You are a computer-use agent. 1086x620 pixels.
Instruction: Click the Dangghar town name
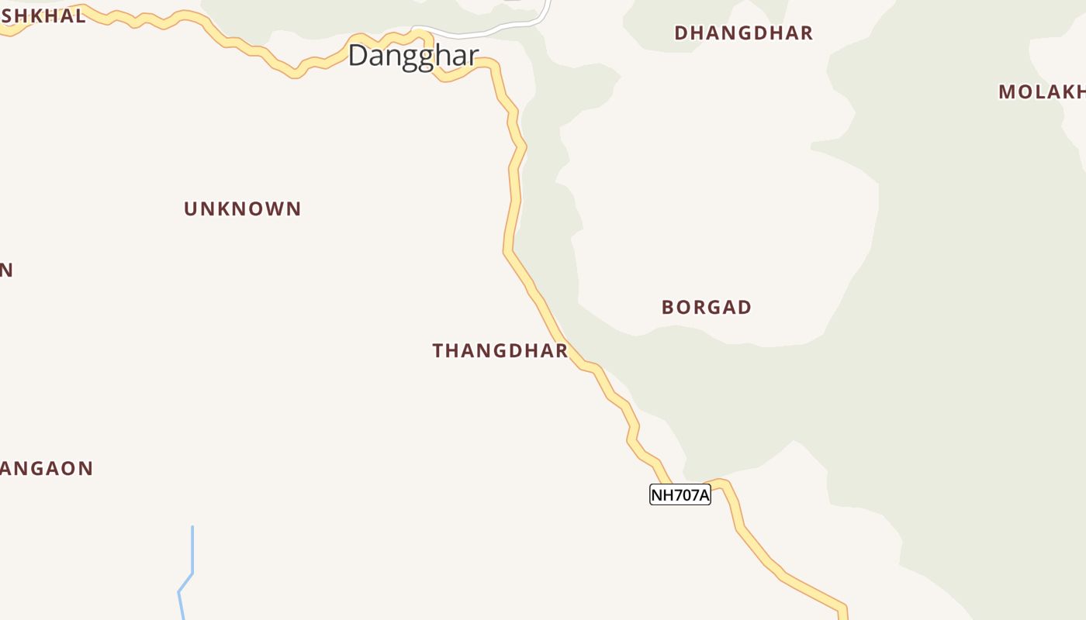click(413, 56)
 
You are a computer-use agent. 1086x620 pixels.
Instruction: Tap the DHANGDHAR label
click(743, 33)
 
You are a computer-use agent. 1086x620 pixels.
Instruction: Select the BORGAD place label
click(706, 308)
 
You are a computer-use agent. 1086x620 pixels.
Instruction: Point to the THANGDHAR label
click(500, 351)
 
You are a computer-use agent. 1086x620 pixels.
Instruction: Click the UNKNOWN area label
click(242, 209)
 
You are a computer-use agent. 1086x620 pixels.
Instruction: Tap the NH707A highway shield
click(680, 494)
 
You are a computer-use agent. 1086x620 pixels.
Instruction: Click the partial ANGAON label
click(47, 469)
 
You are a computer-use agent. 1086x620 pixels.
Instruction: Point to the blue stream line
click(192, 550)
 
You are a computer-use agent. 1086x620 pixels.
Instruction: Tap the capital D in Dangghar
click(358, 55)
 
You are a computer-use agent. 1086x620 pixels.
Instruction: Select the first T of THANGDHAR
click(438, 351)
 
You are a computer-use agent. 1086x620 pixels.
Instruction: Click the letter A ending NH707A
click(703, 495)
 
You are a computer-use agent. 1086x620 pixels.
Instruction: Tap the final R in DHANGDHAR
click(807, 33)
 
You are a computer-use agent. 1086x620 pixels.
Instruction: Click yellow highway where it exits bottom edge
click(843, 614)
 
